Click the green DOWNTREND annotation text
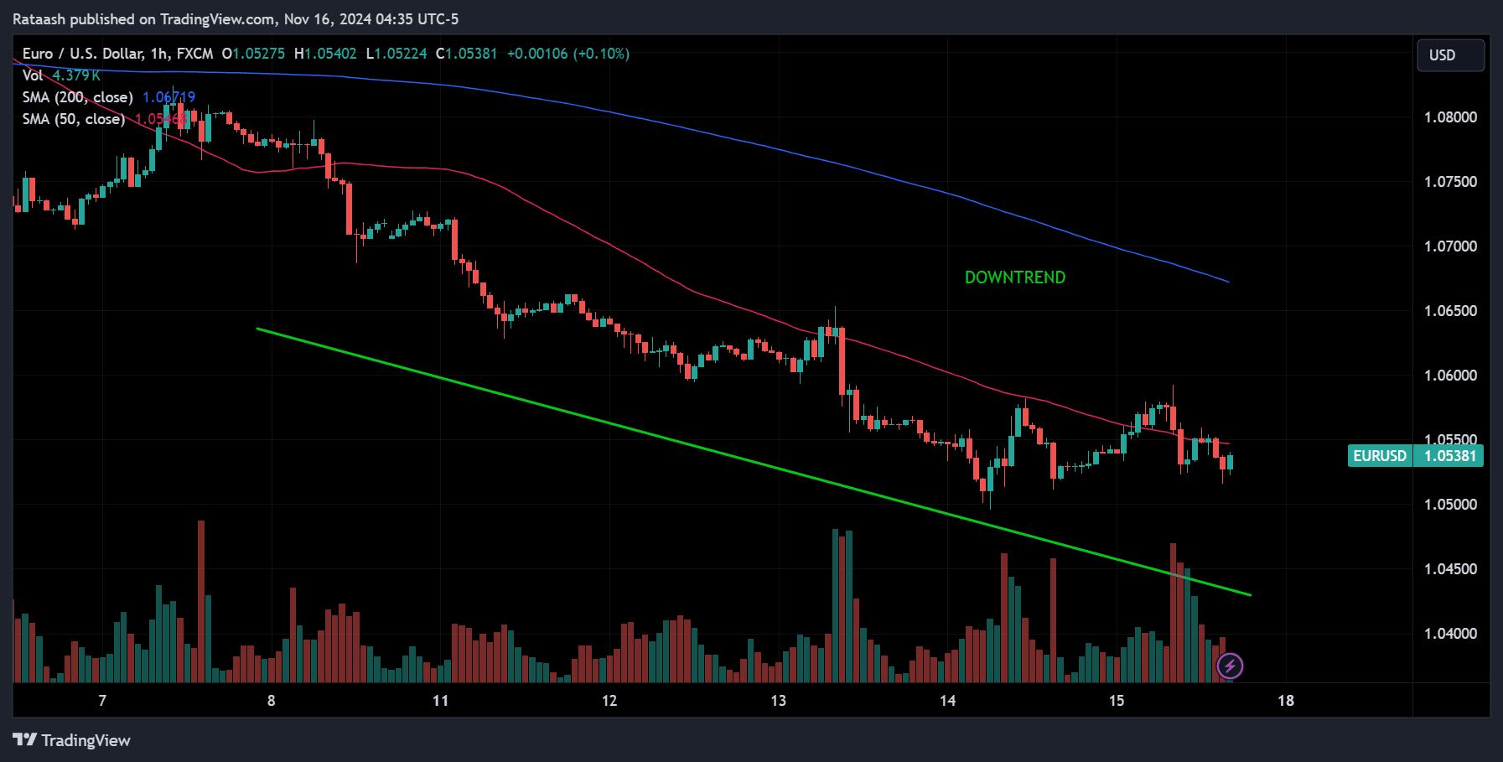click(1014, 277)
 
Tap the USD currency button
click(1449, 55)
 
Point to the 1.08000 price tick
click(1450, 117)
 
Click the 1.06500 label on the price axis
click(1450, 311)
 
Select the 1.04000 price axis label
click(1450, 634)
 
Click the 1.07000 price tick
click(1450, 246)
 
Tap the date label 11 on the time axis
click(440, 701)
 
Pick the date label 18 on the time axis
click(1285, 701)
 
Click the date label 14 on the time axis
click(947, 701)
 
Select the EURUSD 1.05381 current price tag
click(1415, 456)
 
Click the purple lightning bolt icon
click(1230, 666)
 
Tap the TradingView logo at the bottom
click(72, 740)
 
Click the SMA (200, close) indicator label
click(78, 97)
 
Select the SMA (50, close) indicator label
click(74, 119)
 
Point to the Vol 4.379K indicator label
click(60, 75)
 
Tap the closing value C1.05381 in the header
click(466, 54)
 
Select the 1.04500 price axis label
click(1450, 569)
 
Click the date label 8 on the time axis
click(271, 701)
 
